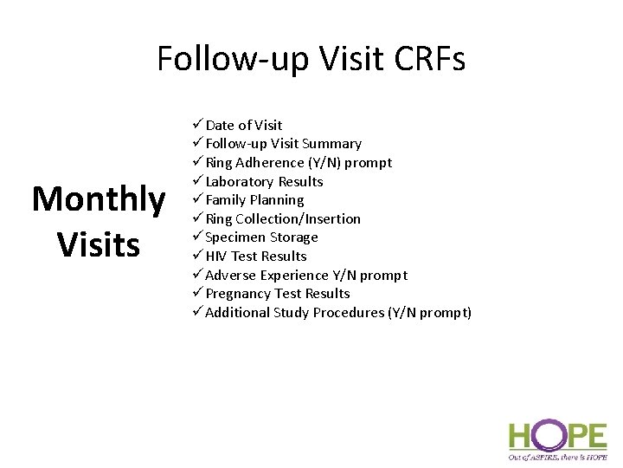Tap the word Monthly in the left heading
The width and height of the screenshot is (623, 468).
click(98, 199)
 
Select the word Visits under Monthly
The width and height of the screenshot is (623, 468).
click(98, 244)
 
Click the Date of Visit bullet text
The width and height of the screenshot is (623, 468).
click(244, 125)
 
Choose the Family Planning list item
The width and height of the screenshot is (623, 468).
click(254, 200)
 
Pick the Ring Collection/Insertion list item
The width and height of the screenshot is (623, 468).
click(283, 219)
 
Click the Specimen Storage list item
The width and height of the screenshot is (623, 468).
click(261, 237)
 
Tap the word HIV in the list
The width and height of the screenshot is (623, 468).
click(216, 257)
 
